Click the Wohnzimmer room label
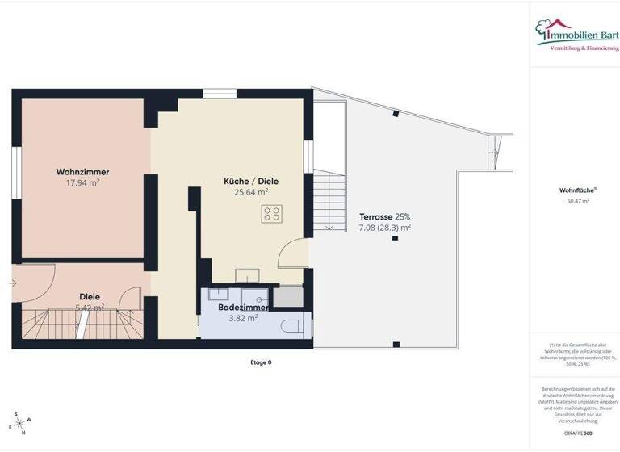(82, 172)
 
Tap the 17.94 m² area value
(82, 183)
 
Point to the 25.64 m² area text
(251, 193)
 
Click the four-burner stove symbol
(272, 214)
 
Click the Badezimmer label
(243, 308)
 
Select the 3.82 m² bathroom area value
(243, 318)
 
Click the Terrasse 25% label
(385, 217)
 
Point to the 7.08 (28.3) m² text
(385, 228)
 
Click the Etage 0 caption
(261, 362)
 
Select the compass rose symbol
(19, 422)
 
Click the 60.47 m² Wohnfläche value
(574, 201)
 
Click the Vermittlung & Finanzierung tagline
(584, 48)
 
